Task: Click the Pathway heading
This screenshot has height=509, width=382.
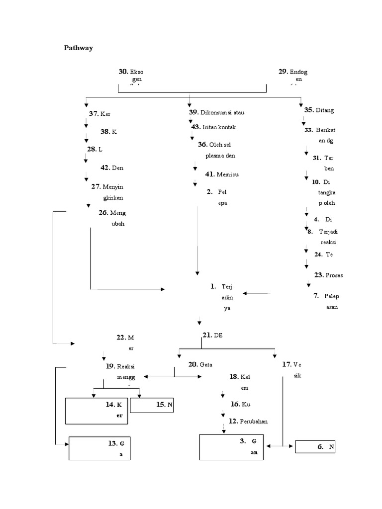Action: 78,48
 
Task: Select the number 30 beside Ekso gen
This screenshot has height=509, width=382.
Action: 123,72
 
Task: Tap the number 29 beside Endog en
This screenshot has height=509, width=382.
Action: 284,72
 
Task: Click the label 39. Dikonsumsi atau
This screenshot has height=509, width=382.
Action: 216,112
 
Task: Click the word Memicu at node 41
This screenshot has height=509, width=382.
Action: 228,174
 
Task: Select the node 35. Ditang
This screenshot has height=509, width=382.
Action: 319,110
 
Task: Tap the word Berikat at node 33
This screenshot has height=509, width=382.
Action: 325,130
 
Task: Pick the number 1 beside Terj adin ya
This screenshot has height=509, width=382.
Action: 213,286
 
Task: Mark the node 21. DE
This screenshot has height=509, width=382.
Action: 212,335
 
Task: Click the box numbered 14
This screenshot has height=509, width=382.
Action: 96,411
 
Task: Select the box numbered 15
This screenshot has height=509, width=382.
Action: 153,405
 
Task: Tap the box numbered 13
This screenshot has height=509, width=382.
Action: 99,449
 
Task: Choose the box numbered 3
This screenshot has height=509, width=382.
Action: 233,447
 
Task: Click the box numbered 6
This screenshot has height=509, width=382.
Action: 315,447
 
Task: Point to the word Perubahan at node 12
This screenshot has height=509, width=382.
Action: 255,422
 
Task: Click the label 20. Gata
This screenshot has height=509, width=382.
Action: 200,364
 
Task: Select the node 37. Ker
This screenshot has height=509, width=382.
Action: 99,114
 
